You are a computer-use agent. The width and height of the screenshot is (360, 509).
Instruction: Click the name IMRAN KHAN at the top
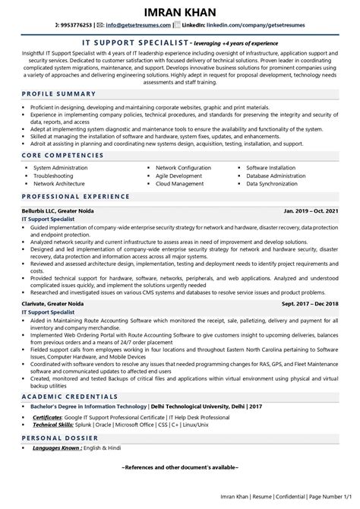coord(179,14)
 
